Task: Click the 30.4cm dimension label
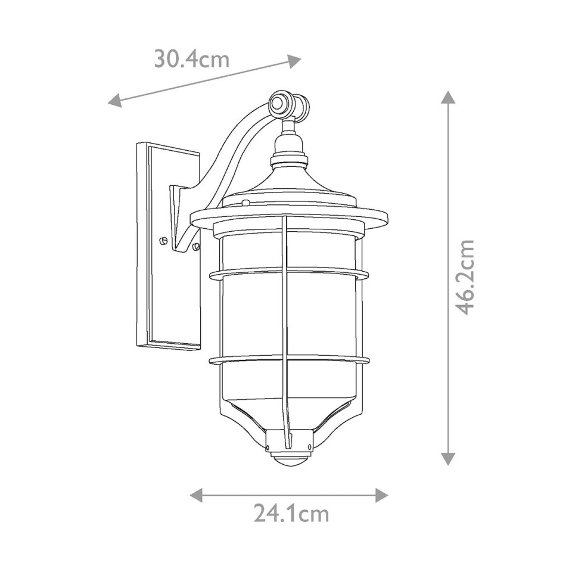pos(192,59)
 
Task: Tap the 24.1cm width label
pos(291,513)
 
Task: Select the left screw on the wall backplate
pos(162,240)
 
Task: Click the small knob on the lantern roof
pos(245,203)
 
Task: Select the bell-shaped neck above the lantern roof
pos(288,146)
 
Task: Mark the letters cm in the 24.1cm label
pos(313,513)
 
